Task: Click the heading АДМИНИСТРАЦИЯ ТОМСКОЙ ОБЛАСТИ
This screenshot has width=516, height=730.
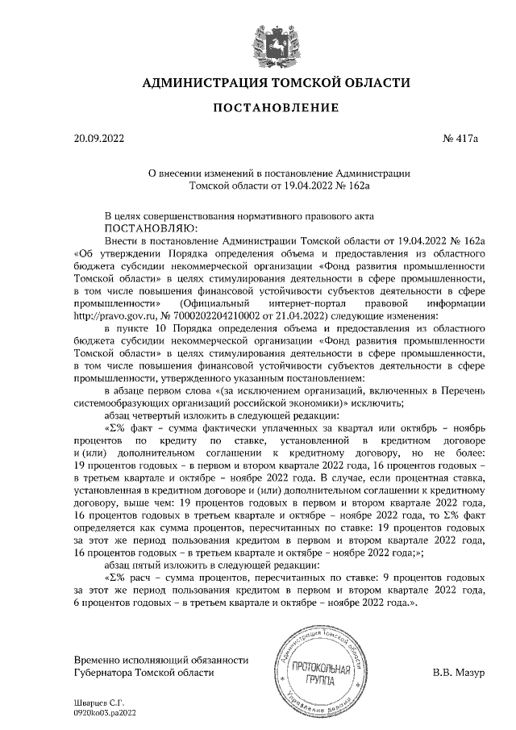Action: (x=276, y=83)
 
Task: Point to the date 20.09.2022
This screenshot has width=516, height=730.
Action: (x=99, y=139)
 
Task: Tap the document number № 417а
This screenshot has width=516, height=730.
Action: (x=460, y=139)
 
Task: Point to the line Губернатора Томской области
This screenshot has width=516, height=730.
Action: (x=144, y=672)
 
